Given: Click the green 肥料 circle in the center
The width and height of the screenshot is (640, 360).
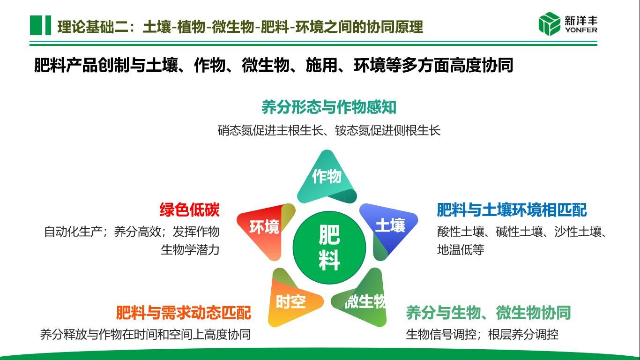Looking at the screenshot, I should [x=329, y=247].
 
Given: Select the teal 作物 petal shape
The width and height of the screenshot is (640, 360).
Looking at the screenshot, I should [x=327, y=179].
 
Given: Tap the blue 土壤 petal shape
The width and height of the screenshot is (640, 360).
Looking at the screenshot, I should [x=389, y=227].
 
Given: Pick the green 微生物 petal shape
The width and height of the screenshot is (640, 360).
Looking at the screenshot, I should [x=364, y=300].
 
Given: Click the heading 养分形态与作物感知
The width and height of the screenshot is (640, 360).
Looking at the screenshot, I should [x=329, y=107].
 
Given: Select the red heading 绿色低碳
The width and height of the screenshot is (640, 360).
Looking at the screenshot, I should [x=189, y=210].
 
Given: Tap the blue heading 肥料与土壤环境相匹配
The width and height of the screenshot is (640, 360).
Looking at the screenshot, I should [x=512, y=210].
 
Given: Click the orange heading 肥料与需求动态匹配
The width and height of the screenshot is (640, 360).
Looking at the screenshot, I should [x=184, y=312].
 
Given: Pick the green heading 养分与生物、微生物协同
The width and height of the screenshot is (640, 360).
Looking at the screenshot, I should [x=488, y=312].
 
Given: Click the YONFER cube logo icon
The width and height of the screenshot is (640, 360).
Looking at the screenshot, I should [x=549, y=24].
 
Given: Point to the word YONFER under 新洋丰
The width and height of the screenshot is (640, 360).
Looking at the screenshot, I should [x=581, y=30].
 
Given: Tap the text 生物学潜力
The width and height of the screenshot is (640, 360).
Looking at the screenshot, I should [x=190, y=250].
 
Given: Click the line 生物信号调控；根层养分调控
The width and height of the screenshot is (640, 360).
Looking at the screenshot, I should [x=482, y=335].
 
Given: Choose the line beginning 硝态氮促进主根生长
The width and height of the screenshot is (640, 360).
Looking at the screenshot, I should [x=329, y=130].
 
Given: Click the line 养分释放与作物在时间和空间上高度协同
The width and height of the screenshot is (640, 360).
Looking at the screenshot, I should [x=145, y=335].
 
